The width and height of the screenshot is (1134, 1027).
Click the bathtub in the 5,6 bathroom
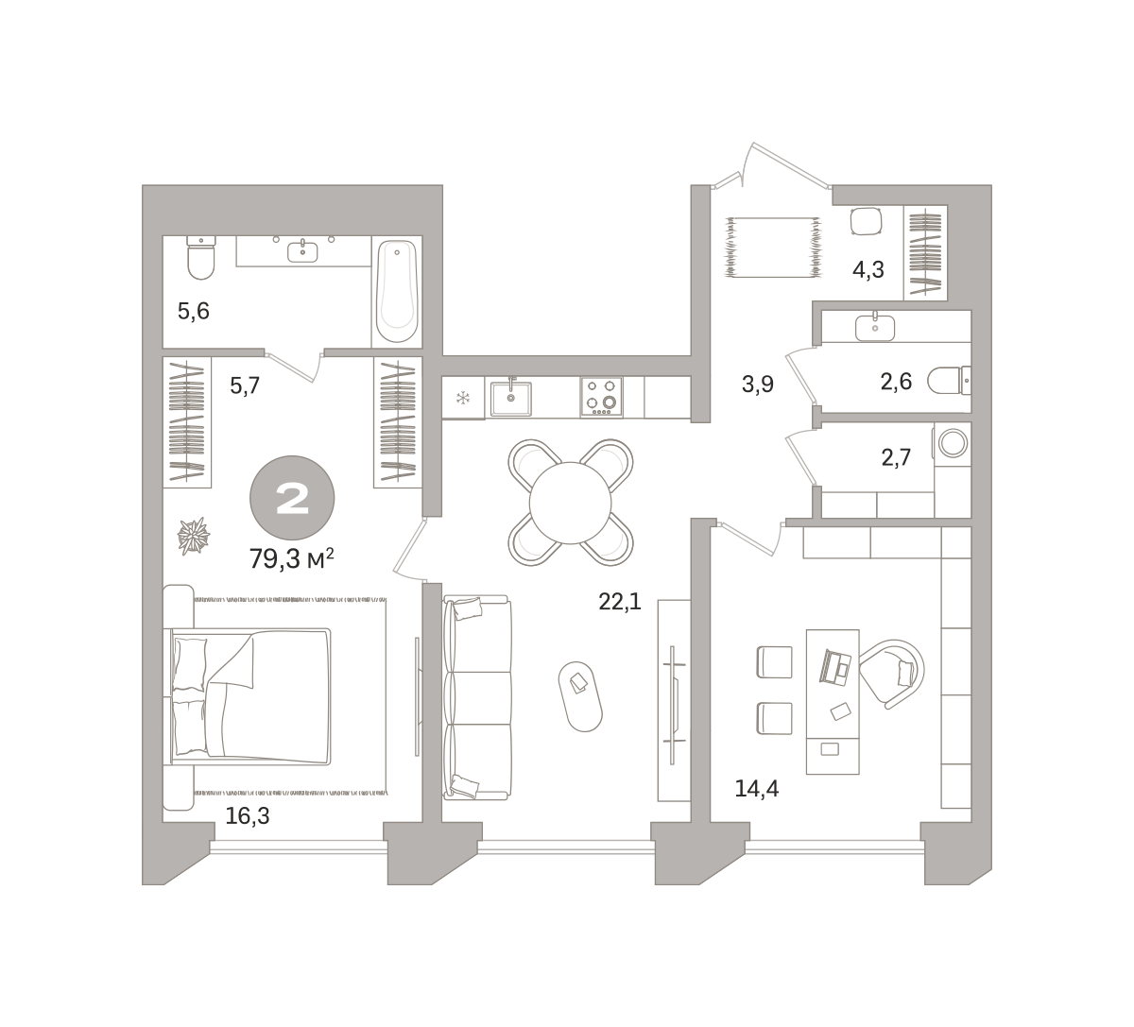397,291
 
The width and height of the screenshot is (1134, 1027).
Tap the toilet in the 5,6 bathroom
200,257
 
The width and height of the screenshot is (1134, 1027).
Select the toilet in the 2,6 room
949,380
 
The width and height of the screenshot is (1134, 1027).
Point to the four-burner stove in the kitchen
601,397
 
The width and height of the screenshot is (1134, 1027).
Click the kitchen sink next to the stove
511,398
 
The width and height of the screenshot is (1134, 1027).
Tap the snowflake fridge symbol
463,398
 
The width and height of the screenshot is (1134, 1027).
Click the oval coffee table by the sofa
580,696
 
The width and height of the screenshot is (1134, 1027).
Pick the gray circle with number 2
292,498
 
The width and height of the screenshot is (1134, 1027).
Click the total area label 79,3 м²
292,559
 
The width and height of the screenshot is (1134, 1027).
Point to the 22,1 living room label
620,603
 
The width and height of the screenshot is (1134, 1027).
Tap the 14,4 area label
756,789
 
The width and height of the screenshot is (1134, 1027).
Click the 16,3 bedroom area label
248,815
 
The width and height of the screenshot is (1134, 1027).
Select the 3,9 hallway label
758,385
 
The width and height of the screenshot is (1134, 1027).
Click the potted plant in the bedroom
194,536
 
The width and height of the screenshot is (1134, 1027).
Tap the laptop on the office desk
835,668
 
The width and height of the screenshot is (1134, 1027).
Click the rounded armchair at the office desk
892,674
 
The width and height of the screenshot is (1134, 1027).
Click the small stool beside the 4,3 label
867,222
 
